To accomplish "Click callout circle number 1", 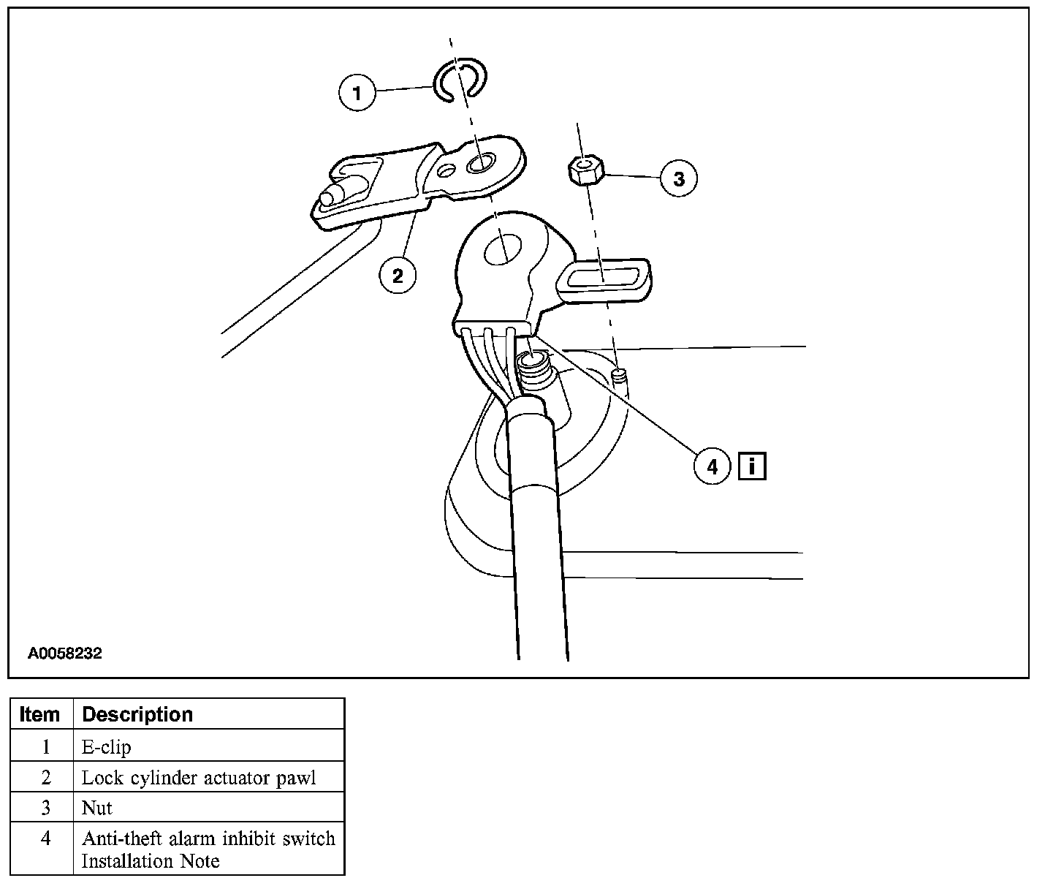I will (x=357, y=94).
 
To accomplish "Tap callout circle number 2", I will (x=397, y=276).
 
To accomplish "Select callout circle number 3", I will (x=679, y=178).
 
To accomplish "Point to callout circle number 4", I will (x=712, y=466).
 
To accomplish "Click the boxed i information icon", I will (x=752, y=466).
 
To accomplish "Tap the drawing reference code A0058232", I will (x=65, y=654).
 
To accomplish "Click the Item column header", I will (x=40, y=714).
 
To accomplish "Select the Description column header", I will (x=137, y=714).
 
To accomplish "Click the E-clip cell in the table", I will (x=107, y=747).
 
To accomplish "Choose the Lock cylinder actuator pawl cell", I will (x=199, y=778).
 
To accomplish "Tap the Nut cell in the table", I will (x=97, y=808).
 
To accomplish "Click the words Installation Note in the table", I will (x=151, y=861).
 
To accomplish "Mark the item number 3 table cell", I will (x=45, y=808).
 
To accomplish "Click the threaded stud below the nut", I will (x=620, y=377).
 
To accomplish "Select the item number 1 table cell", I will (x=45, y=747).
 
